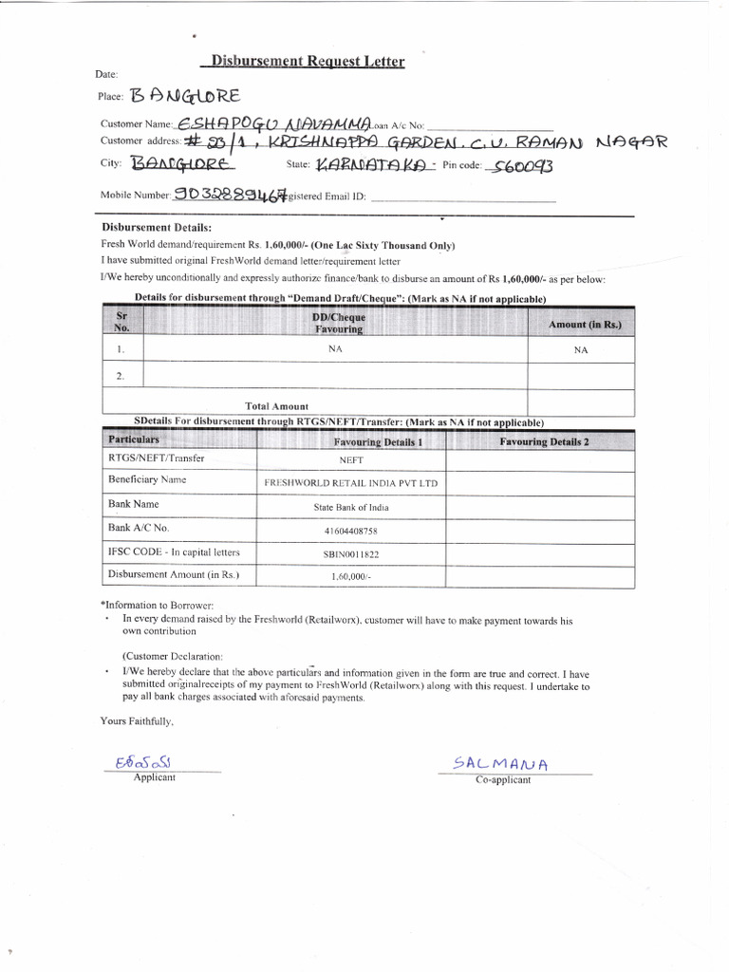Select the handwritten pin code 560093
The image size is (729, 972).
519,167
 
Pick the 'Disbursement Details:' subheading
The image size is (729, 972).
157,228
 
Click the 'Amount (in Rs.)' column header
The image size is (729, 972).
585,325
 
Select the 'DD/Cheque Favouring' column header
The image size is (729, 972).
338,324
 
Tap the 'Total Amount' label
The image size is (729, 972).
276,406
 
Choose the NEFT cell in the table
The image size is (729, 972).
351,459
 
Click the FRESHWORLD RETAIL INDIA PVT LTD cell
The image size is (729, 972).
351,483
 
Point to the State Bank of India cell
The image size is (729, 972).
351,507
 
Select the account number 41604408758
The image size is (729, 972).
351,531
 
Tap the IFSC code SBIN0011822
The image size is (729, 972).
351,553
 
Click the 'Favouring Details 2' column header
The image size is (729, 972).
544,442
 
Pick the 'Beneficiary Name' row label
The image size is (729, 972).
147,480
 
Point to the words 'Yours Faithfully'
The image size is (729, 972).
138,720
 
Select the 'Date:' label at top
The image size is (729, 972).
106,73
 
